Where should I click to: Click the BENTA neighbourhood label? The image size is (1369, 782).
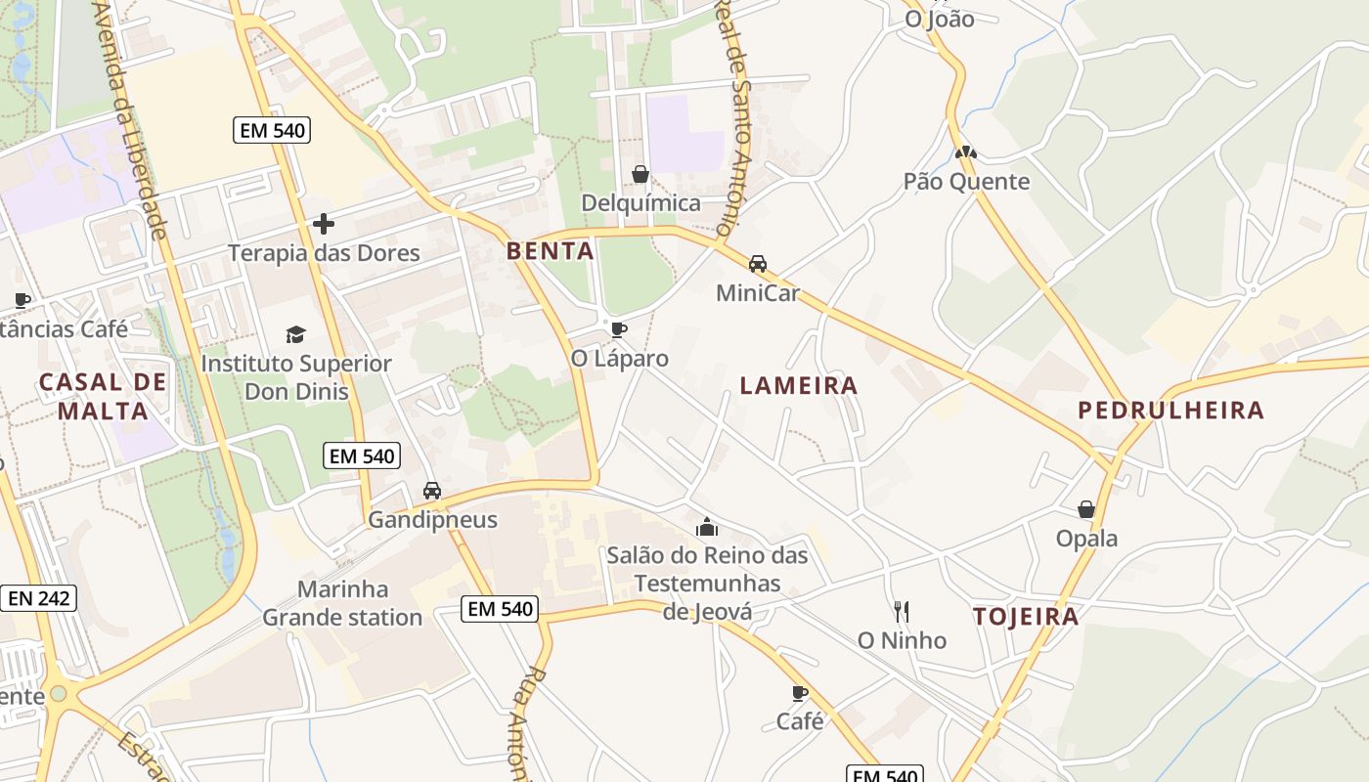coord(550,251)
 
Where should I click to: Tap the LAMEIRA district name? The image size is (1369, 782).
coord(799,386)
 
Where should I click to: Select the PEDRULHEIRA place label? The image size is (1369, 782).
coord(1170,411)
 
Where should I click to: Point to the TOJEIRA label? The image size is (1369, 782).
coord(1026,617)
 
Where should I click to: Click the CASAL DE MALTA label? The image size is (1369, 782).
coord(103,396)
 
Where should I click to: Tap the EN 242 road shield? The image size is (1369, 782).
coord(38,598)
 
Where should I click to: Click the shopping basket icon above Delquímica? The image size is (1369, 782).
coord(640,174)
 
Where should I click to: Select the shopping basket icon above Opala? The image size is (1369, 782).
coord(1085,509)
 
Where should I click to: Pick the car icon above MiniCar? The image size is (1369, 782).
coord(758,264)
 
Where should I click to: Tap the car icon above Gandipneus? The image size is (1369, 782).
coord(431,491)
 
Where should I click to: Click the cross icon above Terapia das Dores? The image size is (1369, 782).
coord(324,224)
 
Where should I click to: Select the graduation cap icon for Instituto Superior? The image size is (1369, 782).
coord(295,334)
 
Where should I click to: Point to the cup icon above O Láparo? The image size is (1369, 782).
coord(618,329)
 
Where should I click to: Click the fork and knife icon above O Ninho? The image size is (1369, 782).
coord(902,612)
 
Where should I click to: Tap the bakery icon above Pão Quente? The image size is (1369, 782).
coord(966,152)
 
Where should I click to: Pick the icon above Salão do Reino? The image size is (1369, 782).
coord(707,528)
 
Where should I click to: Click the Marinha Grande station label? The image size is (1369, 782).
coord(342,603)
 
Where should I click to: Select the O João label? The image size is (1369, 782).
coord(939,19)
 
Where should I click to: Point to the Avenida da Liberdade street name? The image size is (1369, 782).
coord(132,117)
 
